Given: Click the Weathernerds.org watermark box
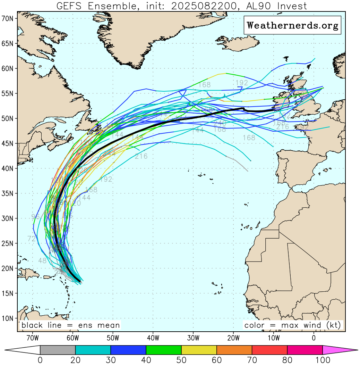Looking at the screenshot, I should pyautogui.click(x=292, y=25).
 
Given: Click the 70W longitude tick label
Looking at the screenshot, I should pyautogui.click(x=32, y=337).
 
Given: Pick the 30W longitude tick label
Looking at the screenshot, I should pyautogui.click(x=193, y=337).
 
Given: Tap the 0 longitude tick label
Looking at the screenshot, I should pyautogui.click(x=314, y=337).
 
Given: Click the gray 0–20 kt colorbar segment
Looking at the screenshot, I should pyautogui.click(x=58, y=350).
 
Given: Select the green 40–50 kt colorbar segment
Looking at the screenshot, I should pyautogui.click(x=164, y=350).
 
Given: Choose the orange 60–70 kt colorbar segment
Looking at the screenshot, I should pyautogui.click(x=234, y=350).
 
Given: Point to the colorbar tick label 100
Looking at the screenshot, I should pyautogui.click(x=323, y=360).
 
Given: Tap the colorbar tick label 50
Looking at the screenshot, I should pyautogui.click(x=181, y=360).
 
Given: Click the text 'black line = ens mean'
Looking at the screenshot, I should pyautogui.click(x=71, y=325).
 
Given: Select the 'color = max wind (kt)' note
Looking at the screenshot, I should pyautogui.click(x=293, y=325).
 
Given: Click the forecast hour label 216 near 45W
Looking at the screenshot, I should pyautogui.click(x=141, y=156).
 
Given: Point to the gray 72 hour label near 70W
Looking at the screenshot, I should pyautogui.click(x=32, y=239).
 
